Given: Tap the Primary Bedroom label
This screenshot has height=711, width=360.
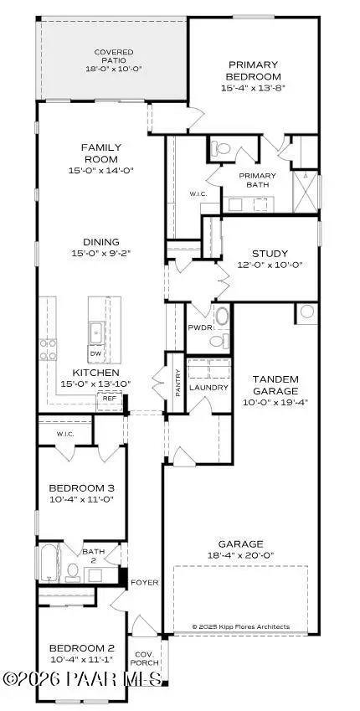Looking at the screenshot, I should point(253,70).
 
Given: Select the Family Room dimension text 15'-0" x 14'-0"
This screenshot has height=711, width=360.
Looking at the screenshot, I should point(100,170).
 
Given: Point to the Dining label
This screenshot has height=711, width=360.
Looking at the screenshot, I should point(100,242).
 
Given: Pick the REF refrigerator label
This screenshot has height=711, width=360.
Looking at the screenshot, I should point(109,399).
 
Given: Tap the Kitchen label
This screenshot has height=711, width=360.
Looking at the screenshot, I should point(95,372).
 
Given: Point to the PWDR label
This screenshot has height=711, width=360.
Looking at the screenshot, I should point(199,328).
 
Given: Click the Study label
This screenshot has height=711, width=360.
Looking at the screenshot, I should point(270,254).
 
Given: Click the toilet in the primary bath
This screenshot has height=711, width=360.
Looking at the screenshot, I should point(221,147).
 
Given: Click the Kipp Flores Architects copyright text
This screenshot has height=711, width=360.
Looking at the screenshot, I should point(240,626).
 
